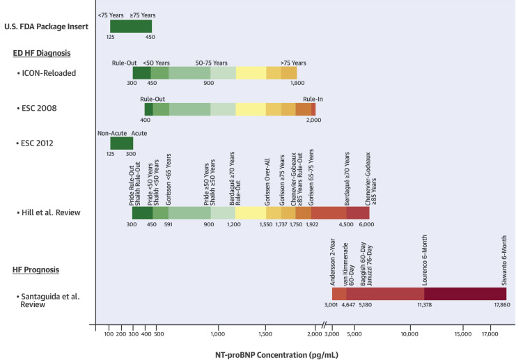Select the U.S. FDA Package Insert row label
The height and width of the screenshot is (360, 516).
[45, 26]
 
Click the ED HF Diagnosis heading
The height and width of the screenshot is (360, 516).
[40, 53]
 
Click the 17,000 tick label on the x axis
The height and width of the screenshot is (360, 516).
[489, 334]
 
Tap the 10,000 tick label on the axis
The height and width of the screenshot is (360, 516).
[409, 334]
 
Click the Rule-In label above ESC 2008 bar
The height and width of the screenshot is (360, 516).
[313, 99]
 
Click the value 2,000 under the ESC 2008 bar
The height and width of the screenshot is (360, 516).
[313, 120]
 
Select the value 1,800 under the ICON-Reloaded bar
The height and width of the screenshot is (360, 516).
[297, 84]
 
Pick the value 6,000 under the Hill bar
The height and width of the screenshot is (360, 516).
[366, 225]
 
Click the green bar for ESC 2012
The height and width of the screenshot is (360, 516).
[121, 143]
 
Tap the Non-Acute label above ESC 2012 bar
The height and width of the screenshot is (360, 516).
[111, 132]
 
